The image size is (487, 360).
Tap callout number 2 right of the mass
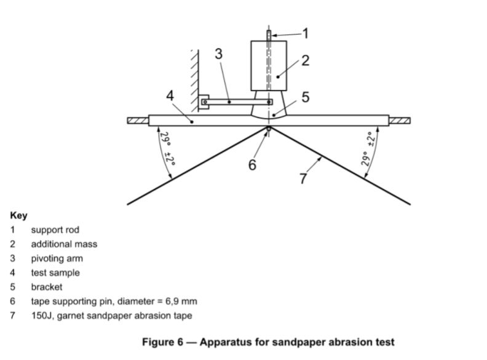[x=305, y=60]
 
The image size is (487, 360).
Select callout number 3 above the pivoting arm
[x=218, y=54]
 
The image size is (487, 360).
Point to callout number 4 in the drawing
[x=170, y=95]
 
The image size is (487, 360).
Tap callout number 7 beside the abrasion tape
[x=303, y=178]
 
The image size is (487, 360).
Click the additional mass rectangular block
[x=269, y=65]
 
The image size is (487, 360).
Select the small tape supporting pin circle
[x=268, y=128]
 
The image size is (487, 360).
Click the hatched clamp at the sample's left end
[x=138, y=120]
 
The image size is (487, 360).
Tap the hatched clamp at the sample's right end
[x=400, y=120]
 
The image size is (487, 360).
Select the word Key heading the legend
[x=18, y=216]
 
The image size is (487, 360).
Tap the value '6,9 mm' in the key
[x=182, y=301]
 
